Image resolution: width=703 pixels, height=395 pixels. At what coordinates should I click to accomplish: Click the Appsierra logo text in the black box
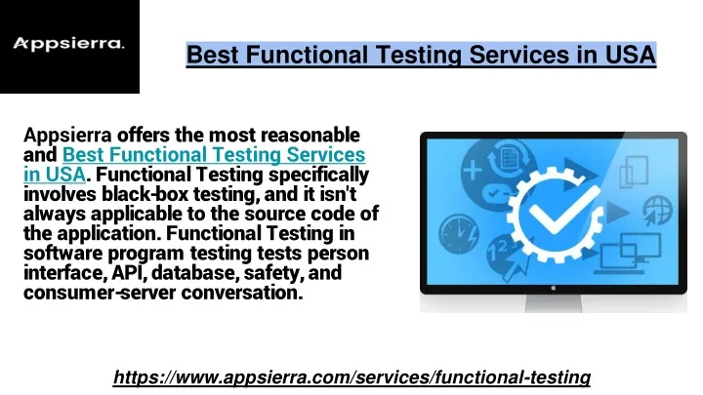tap(68, 44)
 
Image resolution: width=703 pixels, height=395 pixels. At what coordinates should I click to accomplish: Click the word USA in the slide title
tap(631, 55)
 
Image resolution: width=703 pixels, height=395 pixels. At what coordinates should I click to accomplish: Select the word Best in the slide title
tap(213, 55)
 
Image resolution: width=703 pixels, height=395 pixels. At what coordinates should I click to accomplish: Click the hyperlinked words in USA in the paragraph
tap(55, 175)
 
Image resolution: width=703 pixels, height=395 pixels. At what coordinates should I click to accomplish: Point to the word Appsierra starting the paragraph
tap(67, 136)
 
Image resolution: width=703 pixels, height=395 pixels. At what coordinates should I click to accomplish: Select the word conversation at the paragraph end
tap(242, 293)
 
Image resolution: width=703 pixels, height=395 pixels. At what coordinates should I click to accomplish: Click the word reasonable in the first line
tap(310, 135)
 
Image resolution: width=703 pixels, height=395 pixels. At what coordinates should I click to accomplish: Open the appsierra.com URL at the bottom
tap(351, 377)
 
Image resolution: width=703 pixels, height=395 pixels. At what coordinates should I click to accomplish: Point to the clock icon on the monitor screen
tap(458, 234)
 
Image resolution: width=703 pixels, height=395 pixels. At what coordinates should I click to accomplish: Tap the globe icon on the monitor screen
tap(657, 210)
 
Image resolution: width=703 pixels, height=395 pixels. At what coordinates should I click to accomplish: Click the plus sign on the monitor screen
tap(473, 171)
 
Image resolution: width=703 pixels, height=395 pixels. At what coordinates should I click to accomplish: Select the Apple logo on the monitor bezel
tap(554, 289)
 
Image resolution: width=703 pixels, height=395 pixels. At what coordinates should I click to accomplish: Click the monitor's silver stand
tap(554, 303)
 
